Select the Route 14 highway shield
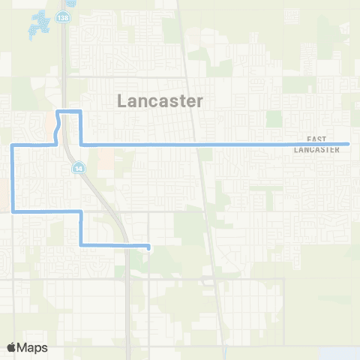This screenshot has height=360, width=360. point(78,169)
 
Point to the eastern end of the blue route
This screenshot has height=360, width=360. point(349,144)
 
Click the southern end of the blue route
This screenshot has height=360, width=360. point(148,246)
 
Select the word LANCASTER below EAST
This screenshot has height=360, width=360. point(318,149)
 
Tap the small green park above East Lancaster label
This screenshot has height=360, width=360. point(273,118)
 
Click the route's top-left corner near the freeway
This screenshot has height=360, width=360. point(59,112)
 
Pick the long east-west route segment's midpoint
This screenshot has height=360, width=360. point(214,144)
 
